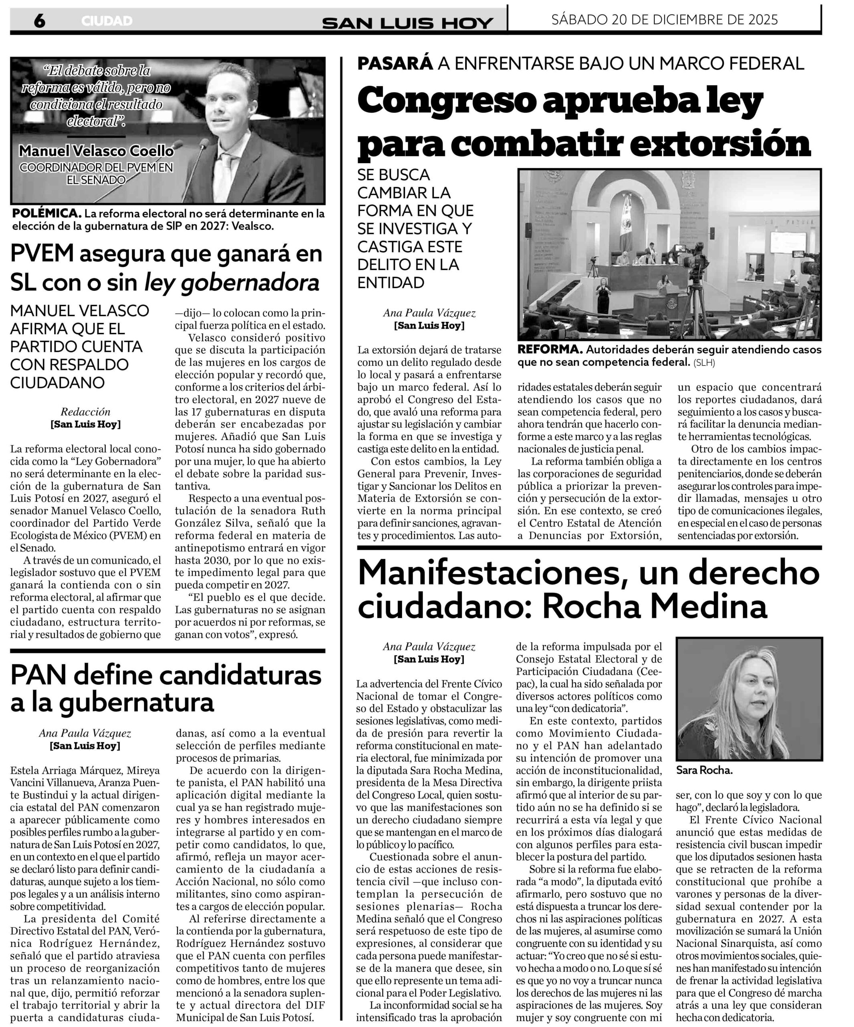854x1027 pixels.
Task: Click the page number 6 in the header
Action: pos(39,21)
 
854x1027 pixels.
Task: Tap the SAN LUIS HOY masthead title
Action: pos(407,22)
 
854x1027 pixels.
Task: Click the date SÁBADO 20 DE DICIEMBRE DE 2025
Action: pos(664,20)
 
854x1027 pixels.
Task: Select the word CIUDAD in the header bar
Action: pos(107,21)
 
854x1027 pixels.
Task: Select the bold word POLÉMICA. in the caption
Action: pos(46,214)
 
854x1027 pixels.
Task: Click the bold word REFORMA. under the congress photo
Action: pos(549,350)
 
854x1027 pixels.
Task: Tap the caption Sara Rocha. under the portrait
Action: pos(704,770)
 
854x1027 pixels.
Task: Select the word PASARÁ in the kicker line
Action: pos(395,63)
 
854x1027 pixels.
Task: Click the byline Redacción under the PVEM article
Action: pos(85,412)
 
